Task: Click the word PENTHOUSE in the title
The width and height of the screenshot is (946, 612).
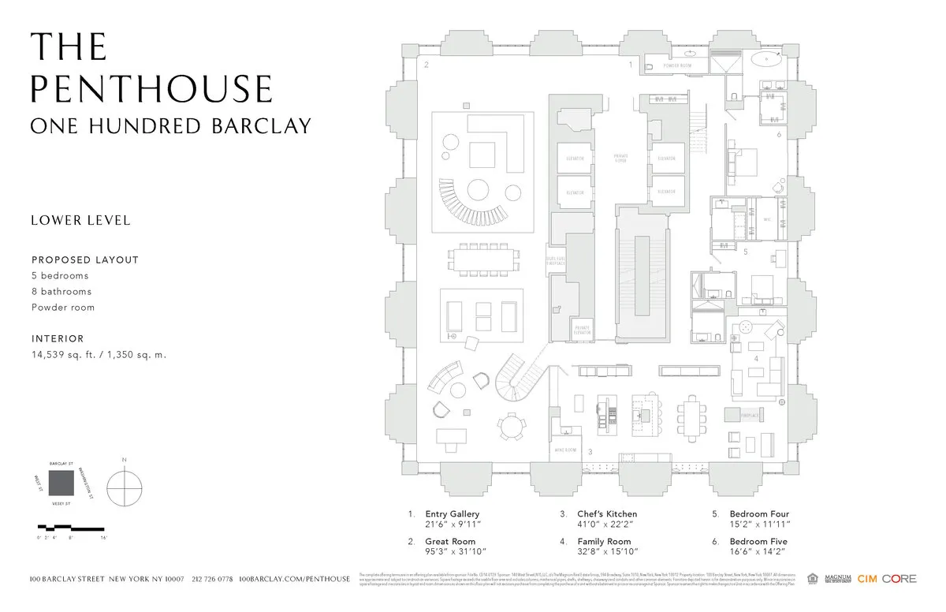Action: point(151,86)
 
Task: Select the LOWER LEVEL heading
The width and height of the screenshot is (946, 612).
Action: point(80,221)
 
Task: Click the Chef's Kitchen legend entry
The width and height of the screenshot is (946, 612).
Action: point(609,514)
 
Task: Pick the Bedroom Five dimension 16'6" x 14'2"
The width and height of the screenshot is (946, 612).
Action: point(759,551)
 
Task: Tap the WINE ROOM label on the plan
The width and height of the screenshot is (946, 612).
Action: point(565,450)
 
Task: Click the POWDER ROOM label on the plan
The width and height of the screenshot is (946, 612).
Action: point(677,65)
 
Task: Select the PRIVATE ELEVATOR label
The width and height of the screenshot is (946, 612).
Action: point(583,329)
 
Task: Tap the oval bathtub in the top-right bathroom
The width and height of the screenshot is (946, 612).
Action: point(766,60)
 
